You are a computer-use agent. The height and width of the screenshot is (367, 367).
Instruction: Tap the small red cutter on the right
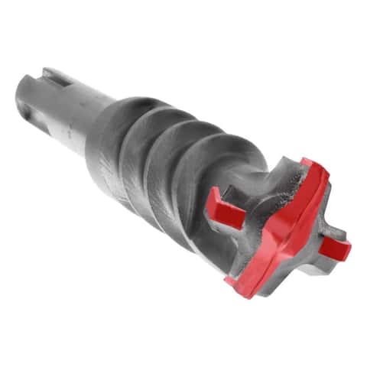[334, 245]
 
